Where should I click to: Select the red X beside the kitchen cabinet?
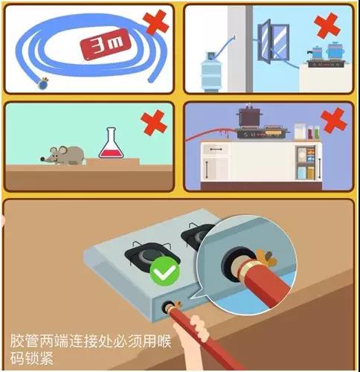click(x=334, y=120)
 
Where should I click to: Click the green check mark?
click(x=164, y=274)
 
